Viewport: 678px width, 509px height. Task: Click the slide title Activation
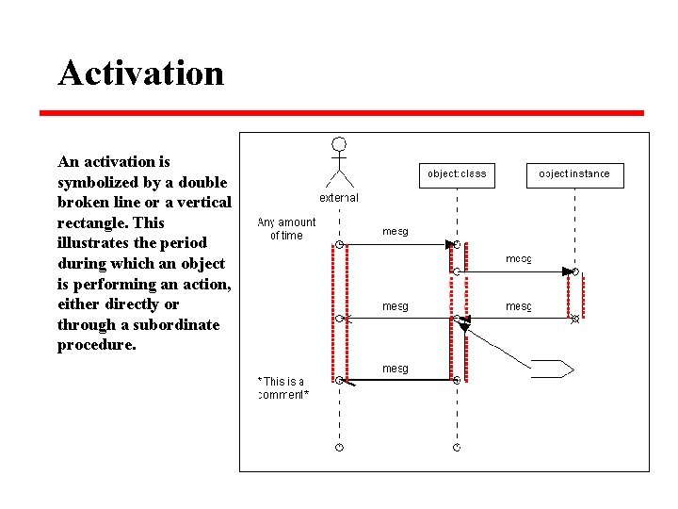141,73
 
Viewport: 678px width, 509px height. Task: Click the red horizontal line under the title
341,113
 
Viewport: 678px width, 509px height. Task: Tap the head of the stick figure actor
339,145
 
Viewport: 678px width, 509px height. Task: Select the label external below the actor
339,198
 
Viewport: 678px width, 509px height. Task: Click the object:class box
457,173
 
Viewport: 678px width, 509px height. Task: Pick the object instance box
574,173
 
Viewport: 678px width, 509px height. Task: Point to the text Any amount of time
286,229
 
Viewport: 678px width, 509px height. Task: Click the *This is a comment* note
282,387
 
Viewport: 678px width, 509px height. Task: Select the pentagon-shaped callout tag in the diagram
552,369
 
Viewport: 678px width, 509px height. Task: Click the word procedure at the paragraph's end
96,345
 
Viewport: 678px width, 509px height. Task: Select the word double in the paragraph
203,182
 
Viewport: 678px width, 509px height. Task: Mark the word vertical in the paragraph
201,203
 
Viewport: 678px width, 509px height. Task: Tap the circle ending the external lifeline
339,447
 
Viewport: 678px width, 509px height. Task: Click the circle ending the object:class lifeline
457,447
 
